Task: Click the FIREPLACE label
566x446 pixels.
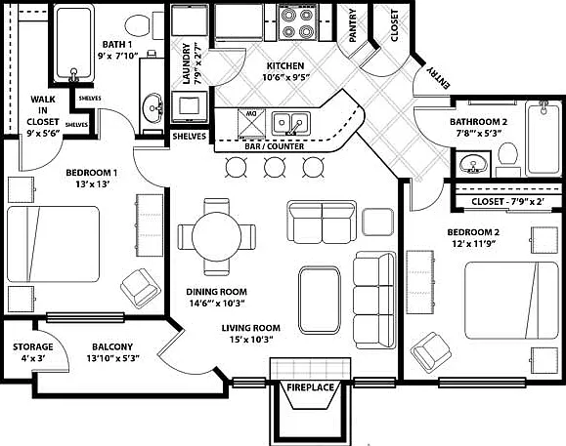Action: [x=310, y=387]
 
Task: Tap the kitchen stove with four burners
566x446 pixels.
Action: [x=297, y=22]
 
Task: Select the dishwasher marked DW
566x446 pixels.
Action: [x=251, y=124]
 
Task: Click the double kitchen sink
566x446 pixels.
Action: [x=291, y=123]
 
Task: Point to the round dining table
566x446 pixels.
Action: [x=217, y=237]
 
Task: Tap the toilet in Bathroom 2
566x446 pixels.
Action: [x=508, y=158]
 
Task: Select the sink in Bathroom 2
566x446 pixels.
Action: [x=473, y=164]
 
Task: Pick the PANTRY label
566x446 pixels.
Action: [x=352, y=25]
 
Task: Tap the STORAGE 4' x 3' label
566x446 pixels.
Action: [x=33, y=352]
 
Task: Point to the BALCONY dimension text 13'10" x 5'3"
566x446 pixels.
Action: [x=112, y=358]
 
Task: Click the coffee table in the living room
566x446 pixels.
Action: [x=320, y=300]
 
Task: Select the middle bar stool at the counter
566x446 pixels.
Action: [x=275, y=167]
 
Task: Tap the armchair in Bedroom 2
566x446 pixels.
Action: [x=431, y=352]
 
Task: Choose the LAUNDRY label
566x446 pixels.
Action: [x=192, y=64]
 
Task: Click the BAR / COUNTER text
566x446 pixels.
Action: [x=275, y=146]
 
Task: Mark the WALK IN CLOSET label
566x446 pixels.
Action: [x=43, y=116]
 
